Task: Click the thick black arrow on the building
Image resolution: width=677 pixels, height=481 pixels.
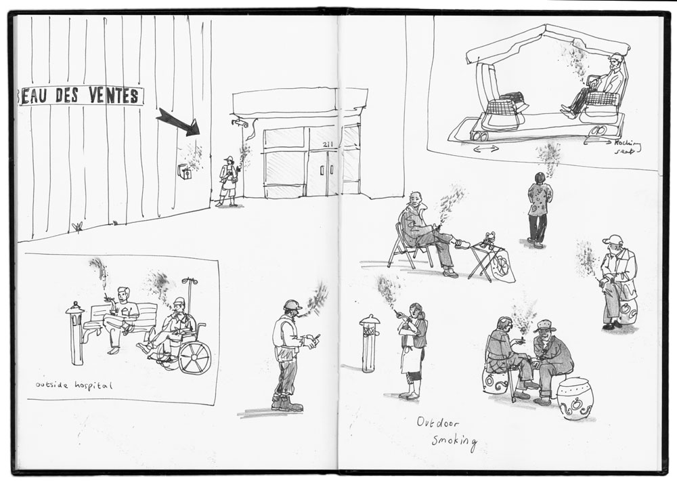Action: pyautogui.click(x=178, y=122)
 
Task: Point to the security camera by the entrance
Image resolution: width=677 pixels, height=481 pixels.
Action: pyautogui.click(x=240, y=123)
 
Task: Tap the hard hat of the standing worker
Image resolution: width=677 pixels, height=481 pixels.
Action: pyautogui.click(x=292, y=305)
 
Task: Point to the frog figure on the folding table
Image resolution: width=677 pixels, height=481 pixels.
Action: pyautogui.click(x=489, y=237)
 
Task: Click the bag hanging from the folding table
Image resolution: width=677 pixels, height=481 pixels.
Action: pyautogui.click(x=504, y=266)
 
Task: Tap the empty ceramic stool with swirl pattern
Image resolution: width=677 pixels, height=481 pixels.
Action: pyautogui.click(x=575, y=399)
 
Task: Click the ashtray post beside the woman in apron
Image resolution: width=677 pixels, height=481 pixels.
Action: pyautogui.click(x=370, y=343)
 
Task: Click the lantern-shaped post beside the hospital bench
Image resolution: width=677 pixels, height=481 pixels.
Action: pyautogui.click(x=76, y=333)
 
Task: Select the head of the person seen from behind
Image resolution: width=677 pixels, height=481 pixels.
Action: pyautogui.click(x=540, y=177)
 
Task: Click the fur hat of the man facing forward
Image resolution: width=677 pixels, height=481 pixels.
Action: pyautogui.click(x=545, y=325)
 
